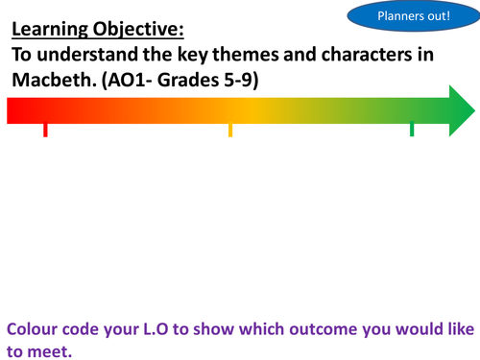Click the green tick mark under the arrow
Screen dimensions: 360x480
412,129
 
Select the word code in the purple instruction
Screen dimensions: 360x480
93,327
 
